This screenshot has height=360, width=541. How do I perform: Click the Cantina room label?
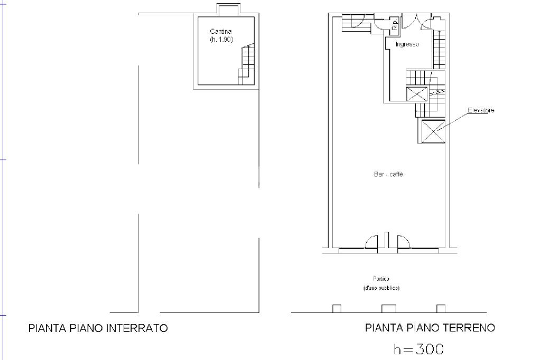tap(221, 31)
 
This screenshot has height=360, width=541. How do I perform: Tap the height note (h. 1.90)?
tap(221, 39)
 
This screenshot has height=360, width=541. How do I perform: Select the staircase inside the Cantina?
tap(246, 64)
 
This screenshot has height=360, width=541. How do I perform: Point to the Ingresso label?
tap(407, 44)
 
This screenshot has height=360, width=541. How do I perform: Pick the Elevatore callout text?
tap(481, 110)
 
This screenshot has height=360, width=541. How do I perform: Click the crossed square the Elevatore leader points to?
tap(433, 131)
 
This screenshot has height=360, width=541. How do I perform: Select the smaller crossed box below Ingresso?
tap(417, 94)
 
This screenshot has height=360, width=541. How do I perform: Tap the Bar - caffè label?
tap(388, 174)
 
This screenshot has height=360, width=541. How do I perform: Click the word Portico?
tap(381, 279)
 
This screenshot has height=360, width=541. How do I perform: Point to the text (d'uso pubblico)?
tap(381, 288)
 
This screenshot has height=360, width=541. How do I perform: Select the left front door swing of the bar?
tap(371, 242)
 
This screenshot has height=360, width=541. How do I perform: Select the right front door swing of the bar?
tap(404, 242)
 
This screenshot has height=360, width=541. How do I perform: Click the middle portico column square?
tap(389, 309)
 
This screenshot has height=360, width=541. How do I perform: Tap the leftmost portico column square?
tap(337, 309)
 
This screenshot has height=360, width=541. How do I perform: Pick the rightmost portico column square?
tap(441, 309)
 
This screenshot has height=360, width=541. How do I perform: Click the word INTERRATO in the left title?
tap(137, 328)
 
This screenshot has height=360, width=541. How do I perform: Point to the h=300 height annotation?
tap(418, 349)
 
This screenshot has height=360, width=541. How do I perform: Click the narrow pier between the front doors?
tap(387, 240)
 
